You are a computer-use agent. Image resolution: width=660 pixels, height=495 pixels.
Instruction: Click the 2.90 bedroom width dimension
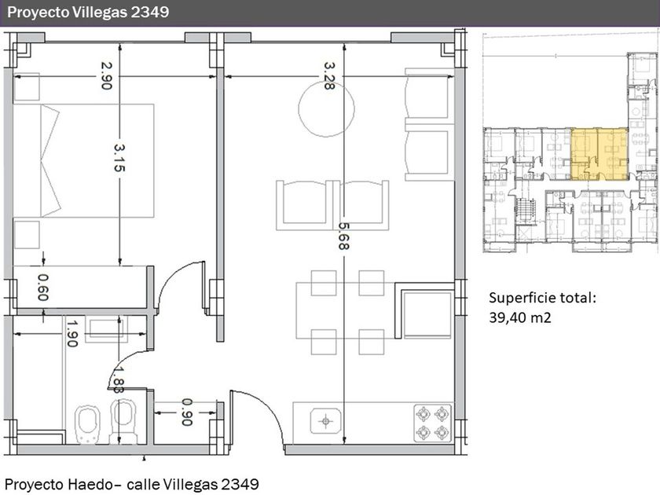[x=106, y=75]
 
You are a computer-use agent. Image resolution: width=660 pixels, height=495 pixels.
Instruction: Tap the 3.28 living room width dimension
[x=329, y=75]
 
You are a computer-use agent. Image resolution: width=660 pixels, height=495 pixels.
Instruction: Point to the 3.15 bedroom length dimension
[x=119, y=158]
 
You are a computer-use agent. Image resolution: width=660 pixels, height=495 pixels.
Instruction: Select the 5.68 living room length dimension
[x=344, y=236]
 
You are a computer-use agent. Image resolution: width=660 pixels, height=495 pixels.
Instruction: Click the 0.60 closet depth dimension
[x=43, y=288]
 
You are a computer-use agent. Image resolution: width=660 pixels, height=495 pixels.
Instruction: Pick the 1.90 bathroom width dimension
[x=72, y=334]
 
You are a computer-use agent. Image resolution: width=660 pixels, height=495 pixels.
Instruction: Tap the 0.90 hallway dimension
[x=186, y=412]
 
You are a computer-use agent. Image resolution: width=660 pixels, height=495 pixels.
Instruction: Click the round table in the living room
[x=326, y=108]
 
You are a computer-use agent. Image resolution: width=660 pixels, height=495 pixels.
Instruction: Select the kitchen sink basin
[x=325, y=421]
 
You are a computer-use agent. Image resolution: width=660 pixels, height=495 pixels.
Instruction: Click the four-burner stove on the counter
[x=432, y=423]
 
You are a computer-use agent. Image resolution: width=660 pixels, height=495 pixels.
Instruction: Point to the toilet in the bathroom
[x=123, y=422]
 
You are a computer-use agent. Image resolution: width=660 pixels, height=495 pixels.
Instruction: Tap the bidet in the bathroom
[x=87, y=424]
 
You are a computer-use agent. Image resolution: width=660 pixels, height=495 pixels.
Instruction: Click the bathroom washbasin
[x=105, y=328]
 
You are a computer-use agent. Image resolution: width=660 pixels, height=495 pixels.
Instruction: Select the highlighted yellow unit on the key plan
[x=599, y=154]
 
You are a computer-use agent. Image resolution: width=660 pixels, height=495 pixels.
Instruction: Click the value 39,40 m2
[x=520, y=317]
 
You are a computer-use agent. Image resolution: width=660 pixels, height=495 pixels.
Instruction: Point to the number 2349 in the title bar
[x=150, y=12]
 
